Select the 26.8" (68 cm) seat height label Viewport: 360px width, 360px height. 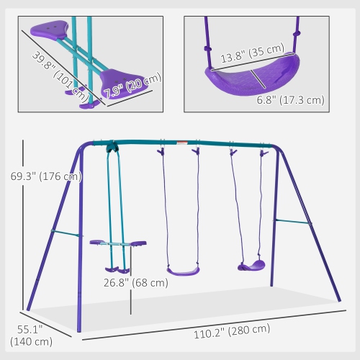(x=135, y=282)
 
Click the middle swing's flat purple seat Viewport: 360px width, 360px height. (x=183, y=271)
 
